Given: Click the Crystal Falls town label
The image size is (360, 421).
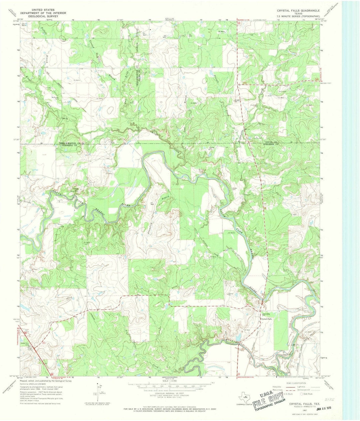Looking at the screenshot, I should (266, 319).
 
